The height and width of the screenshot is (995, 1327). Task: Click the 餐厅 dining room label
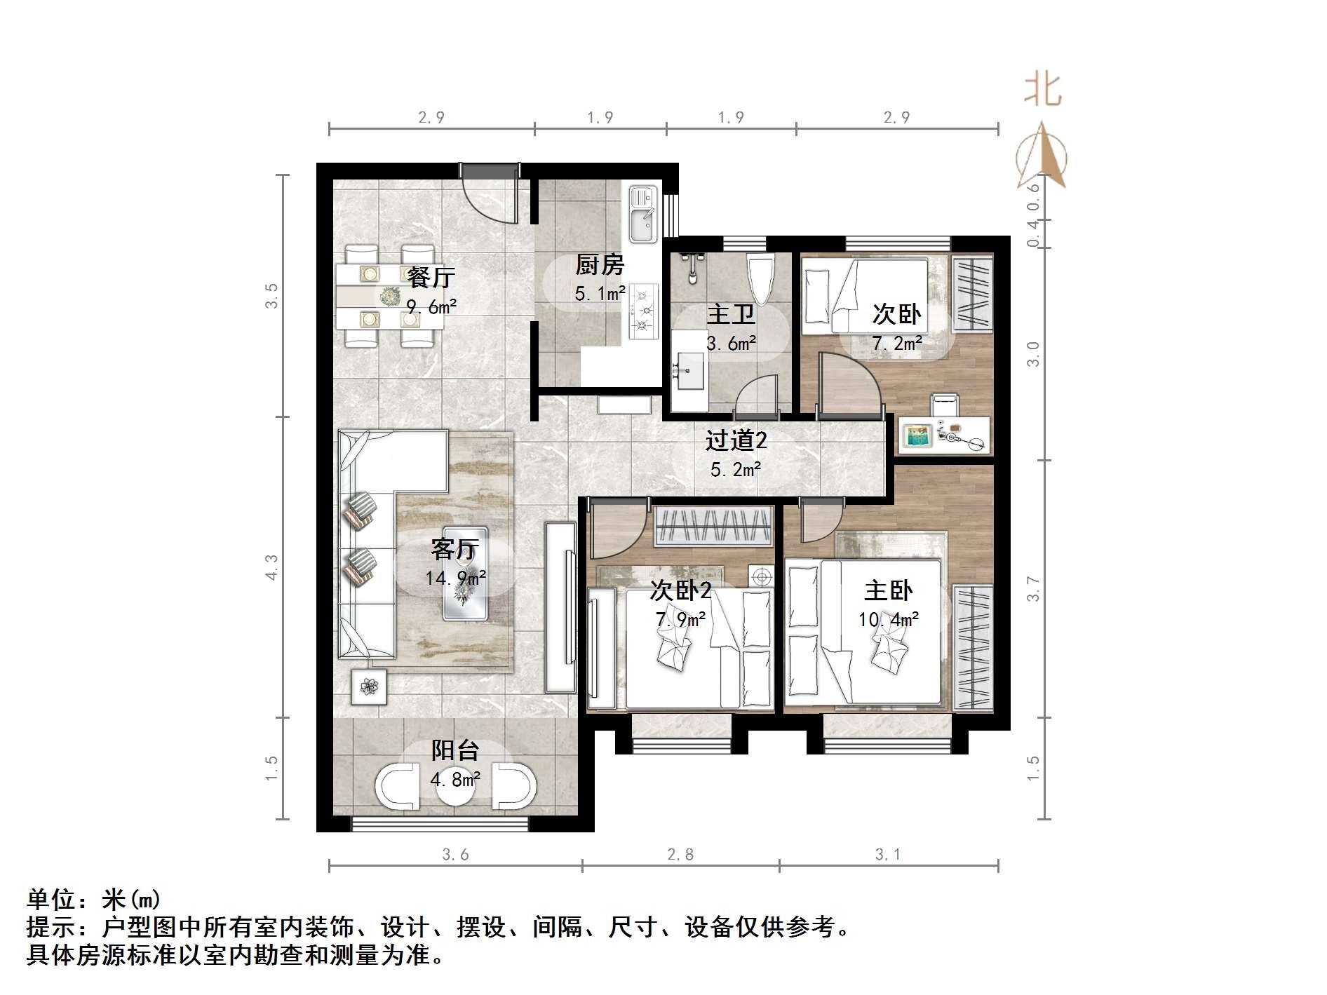431,278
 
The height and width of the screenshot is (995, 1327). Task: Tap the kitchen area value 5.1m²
600,294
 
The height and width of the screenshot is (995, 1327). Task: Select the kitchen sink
641,213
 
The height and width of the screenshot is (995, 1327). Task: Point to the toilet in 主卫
761,278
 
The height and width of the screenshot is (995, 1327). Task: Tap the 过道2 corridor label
736,440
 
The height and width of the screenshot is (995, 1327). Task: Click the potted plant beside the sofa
369,686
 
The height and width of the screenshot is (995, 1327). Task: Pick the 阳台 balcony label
454,751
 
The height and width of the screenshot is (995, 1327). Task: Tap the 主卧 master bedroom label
888,590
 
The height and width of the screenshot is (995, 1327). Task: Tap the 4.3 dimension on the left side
272,567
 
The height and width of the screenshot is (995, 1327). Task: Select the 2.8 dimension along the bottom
680,854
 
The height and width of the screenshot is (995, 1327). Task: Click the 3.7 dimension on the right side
1033,588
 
